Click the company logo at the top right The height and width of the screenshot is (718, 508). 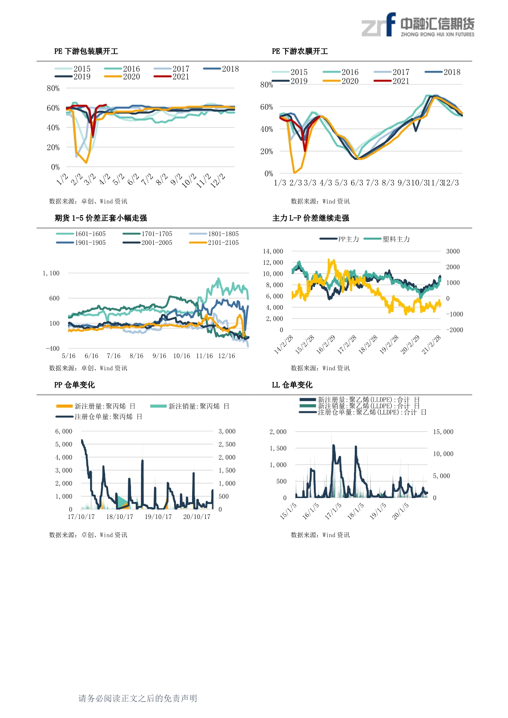pos(417,25)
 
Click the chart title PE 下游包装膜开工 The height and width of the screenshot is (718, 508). pos(86,51)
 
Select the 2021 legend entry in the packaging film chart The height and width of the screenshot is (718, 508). pos(172,77)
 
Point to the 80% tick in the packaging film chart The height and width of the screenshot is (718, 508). pos(53,88)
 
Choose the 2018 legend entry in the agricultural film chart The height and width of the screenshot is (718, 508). pos(443,72)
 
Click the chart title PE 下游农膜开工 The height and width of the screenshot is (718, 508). pos(300,51)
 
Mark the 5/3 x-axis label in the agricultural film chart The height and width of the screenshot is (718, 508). pos(341,183)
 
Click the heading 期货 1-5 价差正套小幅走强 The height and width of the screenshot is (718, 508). pos(101,218)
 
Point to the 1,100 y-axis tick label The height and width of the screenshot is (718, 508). pos(51,273)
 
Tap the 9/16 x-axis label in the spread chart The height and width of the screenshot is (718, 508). pos(159,356)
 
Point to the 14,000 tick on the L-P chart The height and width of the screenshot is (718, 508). pos(273,251)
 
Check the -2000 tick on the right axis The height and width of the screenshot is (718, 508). pos(454,330)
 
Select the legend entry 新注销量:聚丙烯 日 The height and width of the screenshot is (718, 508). pos(190,406)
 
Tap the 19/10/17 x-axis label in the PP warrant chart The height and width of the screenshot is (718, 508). pos(158,516)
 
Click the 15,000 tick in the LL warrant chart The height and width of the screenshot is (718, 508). pos(443,432)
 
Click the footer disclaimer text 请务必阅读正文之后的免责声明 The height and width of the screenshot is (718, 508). pos(138,698)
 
